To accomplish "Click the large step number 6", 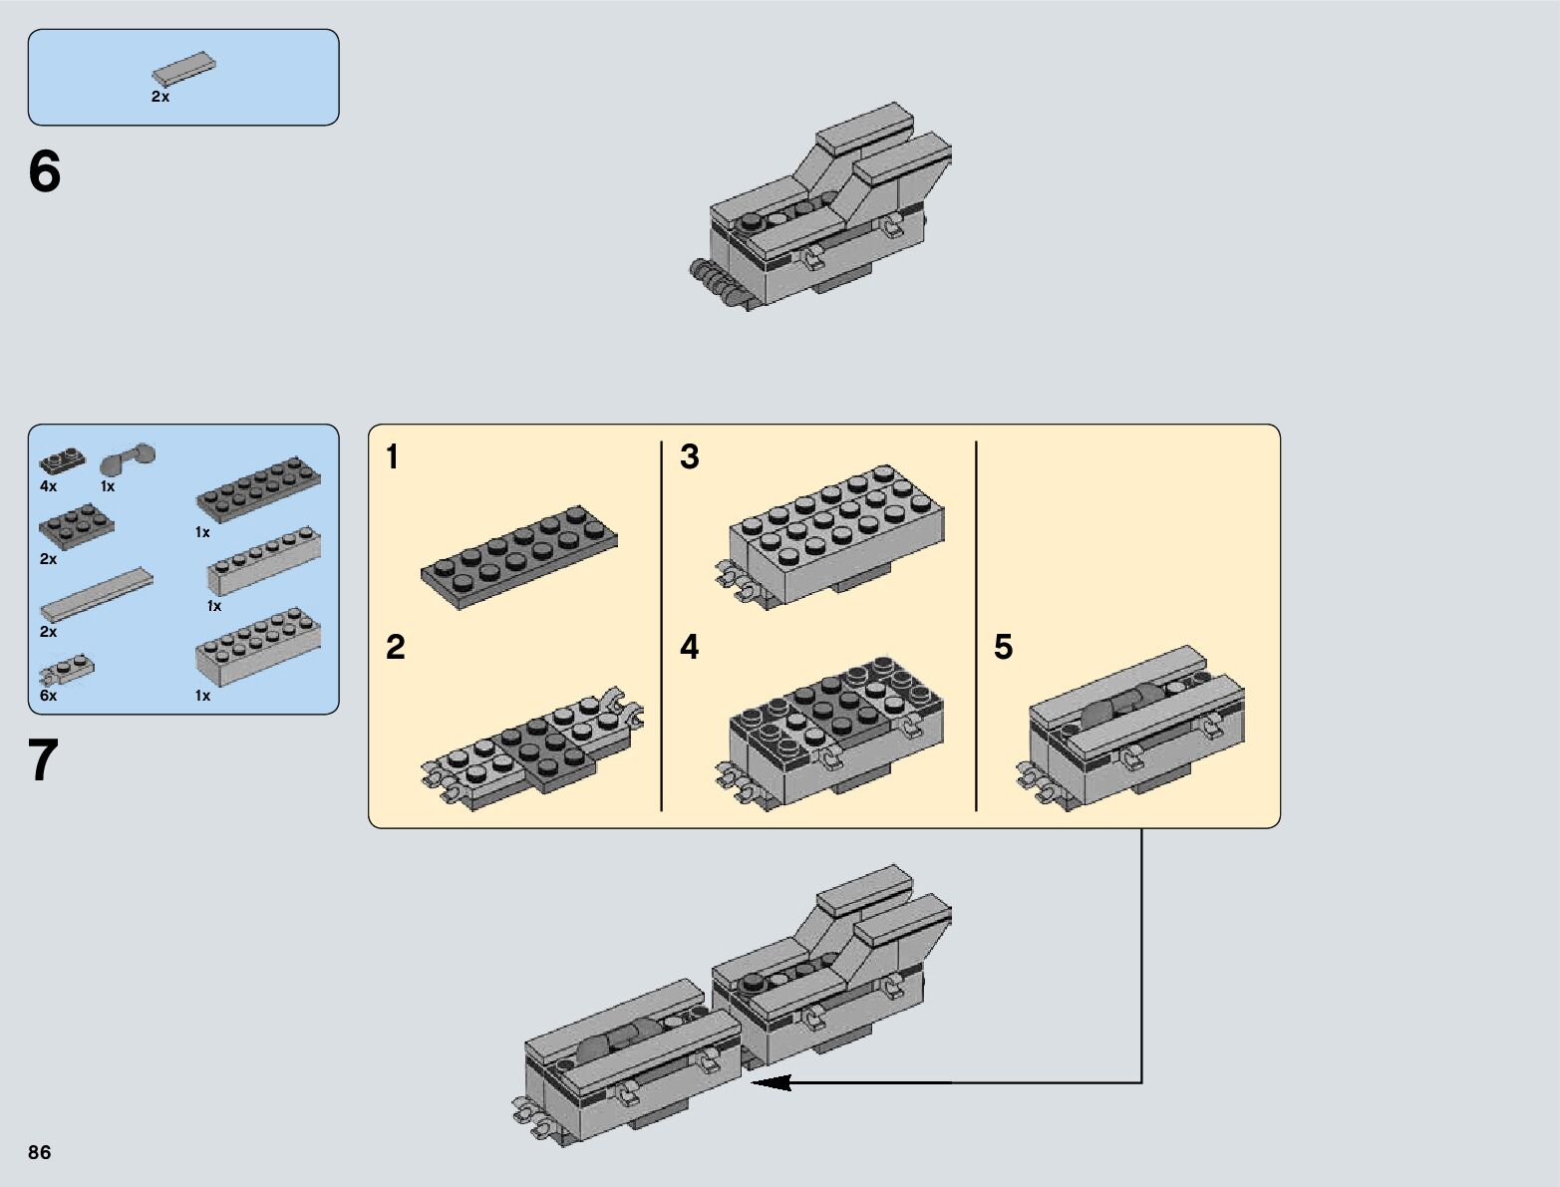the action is pos(45,171).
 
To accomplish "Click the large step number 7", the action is pos(43,760).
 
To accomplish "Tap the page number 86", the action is pos(40,1152).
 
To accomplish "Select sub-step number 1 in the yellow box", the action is pos(392,456).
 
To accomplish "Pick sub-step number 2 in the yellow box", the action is pos(395,647).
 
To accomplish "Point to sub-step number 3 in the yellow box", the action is pos(690,456).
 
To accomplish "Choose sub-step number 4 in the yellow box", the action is pos(690,647).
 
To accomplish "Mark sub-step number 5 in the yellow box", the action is pos(1003,647).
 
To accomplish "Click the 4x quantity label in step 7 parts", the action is pos(48,486).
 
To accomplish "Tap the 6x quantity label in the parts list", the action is pos(48,696).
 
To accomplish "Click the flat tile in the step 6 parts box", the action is pos(183,69).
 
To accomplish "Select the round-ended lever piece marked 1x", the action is pos(128,458).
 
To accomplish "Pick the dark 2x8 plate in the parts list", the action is pos(259,488).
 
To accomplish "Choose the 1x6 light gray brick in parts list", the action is pos(264,560).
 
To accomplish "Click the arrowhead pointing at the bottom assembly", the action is pos(772,1082).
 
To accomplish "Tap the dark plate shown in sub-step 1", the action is pos(518,557).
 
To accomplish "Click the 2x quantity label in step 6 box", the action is pos(160,97).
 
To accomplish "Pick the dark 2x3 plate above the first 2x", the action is pos(77,526).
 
